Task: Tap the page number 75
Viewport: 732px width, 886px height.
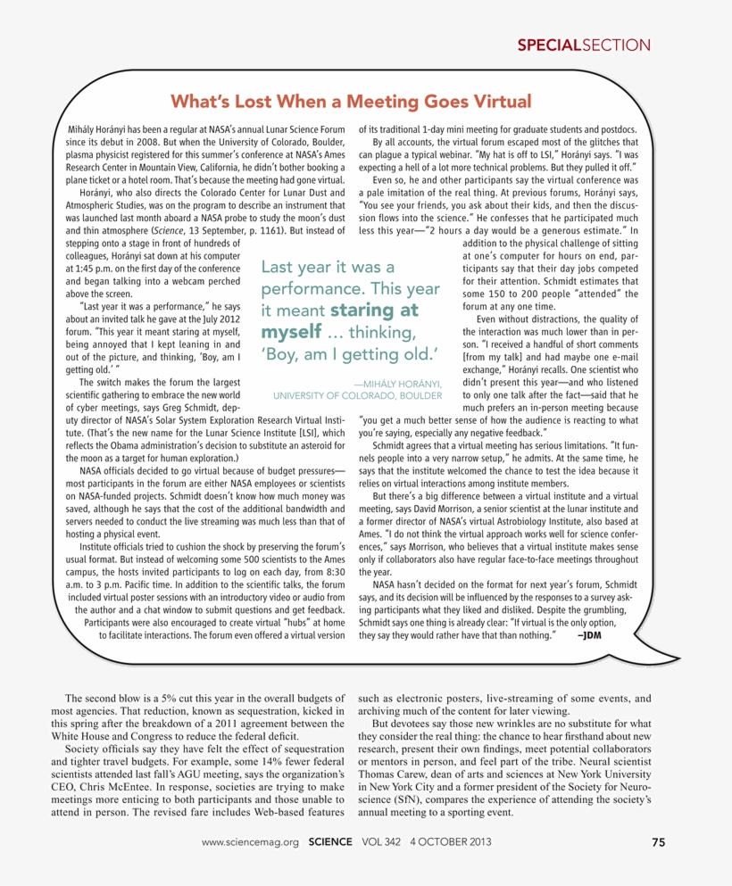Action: [x=658, y=841]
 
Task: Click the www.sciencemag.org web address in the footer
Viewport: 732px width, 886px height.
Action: [x=250, y=841]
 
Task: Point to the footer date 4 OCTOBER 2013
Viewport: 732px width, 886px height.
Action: [x=453, y=841]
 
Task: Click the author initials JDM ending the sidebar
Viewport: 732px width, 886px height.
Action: [x=590, y=635]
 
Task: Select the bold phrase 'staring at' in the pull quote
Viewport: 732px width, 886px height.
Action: [x=374, y=311]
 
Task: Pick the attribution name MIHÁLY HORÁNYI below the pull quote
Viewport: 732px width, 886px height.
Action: [x=395, y=384]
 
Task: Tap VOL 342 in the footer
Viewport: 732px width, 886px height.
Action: [x=382, y=841]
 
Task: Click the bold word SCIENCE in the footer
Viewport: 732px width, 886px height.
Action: [x=332, y=841]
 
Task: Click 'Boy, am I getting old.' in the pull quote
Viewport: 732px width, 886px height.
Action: [x=349, y=355]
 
